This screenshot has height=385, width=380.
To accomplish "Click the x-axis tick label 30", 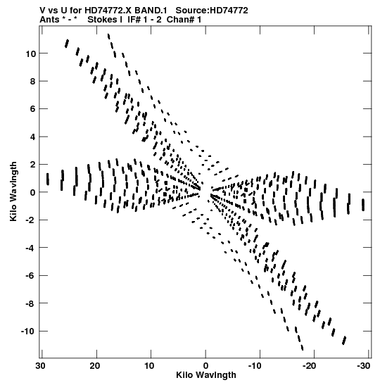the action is coord(41,366).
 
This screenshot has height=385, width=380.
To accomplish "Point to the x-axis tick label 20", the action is coord(95,366).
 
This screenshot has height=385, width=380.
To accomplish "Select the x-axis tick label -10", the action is coord(255,366).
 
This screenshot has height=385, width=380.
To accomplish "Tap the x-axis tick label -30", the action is coord(363,366).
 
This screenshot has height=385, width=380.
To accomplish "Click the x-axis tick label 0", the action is coord(205,366).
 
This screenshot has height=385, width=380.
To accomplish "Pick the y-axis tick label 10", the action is coord(31,53).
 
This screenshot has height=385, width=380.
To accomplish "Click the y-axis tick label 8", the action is coord(33,81).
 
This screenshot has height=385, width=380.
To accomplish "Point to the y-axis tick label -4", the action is coord(31,248).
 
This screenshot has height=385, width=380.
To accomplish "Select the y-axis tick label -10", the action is coord(28,332).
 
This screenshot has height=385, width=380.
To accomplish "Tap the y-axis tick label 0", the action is coord(33,192).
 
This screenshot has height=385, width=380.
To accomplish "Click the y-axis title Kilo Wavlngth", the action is coord(13,191).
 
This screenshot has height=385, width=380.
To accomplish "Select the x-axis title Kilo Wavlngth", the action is coord(206,375).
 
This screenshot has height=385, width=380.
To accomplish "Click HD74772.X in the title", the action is coord(109,11).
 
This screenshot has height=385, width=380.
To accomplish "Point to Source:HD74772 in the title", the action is coord(212,11).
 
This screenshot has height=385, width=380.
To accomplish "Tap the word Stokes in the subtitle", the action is coord(103,20).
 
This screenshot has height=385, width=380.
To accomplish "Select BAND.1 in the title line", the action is coord(151,11).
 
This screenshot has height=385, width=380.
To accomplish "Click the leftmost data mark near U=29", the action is coord(48,179).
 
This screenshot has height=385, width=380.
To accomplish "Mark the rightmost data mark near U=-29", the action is coord(363,205).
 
